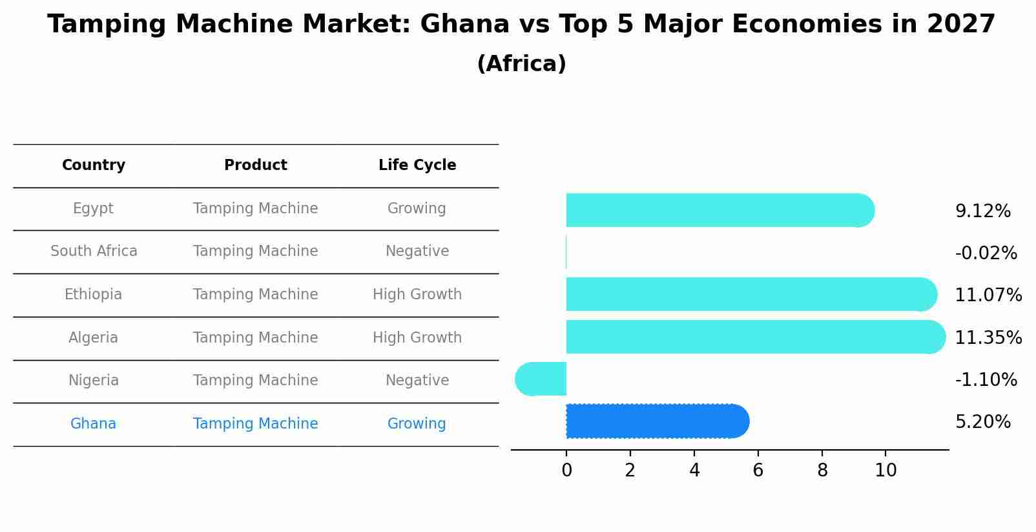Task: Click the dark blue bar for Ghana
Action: pyautogui.click(x=656, y=421)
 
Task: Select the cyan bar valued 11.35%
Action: pyautogui.click(x=754, y=337)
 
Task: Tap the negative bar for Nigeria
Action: pyautogui.click(x=541, y=379)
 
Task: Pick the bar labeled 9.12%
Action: pyautogui.click(x=719, y=210)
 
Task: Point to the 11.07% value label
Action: pyautogui.click(x=988, y=295)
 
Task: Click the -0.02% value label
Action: pyautogui.click(x=986, y=253)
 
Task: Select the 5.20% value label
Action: pyautogui.click(x=982, y=422)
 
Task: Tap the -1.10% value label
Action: pyautogui.click(x=986, y=379)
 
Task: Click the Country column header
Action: pyautogui.click(x=94, y=165)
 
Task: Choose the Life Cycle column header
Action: pyautogui.click(x=417, y=165)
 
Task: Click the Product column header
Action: pyautogui.click(x=256, y=165)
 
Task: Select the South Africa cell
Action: pyautogui.click(x=94, y=251)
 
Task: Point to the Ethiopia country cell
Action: pyautogui.click(x=94, y=295)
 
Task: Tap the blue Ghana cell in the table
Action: pyautogui.click(x=94, y=424)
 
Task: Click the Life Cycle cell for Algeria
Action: pyautogui.click(x=417, y=338)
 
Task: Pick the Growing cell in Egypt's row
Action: pyautogui.click(x=417, y=209)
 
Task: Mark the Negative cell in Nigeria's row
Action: pyautogui.click(x=417, y=381)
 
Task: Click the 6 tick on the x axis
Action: pyautogui.click(x=758, y=471)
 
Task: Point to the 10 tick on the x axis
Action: pyautogui.click(x=886, y=471)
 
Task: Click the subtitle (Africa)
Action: pyautogui.click(x=521, y=64)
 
